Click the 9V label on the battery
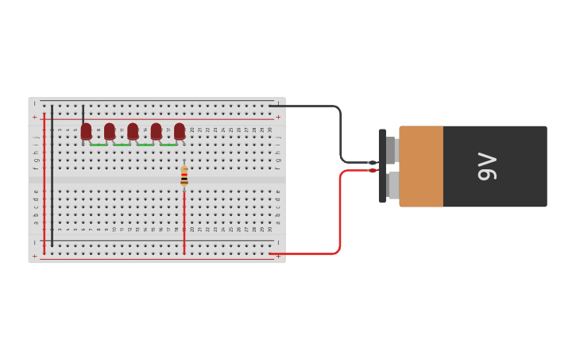[486, 166]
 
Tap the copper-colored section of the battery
[421, 166]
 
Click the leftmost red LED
[86, 130]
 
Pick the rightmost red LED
[180, 130]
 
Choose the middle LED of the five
[133, 130]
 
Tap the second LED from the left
[110, 130]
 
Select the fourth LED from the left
[157, 130]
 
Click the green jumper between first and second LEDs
[99, 145]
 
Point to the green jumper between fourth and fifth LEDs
[168, 145]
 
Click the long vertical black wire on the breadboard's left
[52, 175]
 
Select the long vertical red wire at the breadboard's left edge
[44, 183]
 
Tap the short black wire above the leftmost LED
[83, 113]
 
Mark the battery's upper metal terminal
[391, 149]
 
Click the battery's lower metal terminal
[393, 185]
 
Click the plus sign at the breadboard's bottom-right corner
[278, 256]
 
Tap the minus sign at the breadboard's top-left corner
[34, 104]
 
